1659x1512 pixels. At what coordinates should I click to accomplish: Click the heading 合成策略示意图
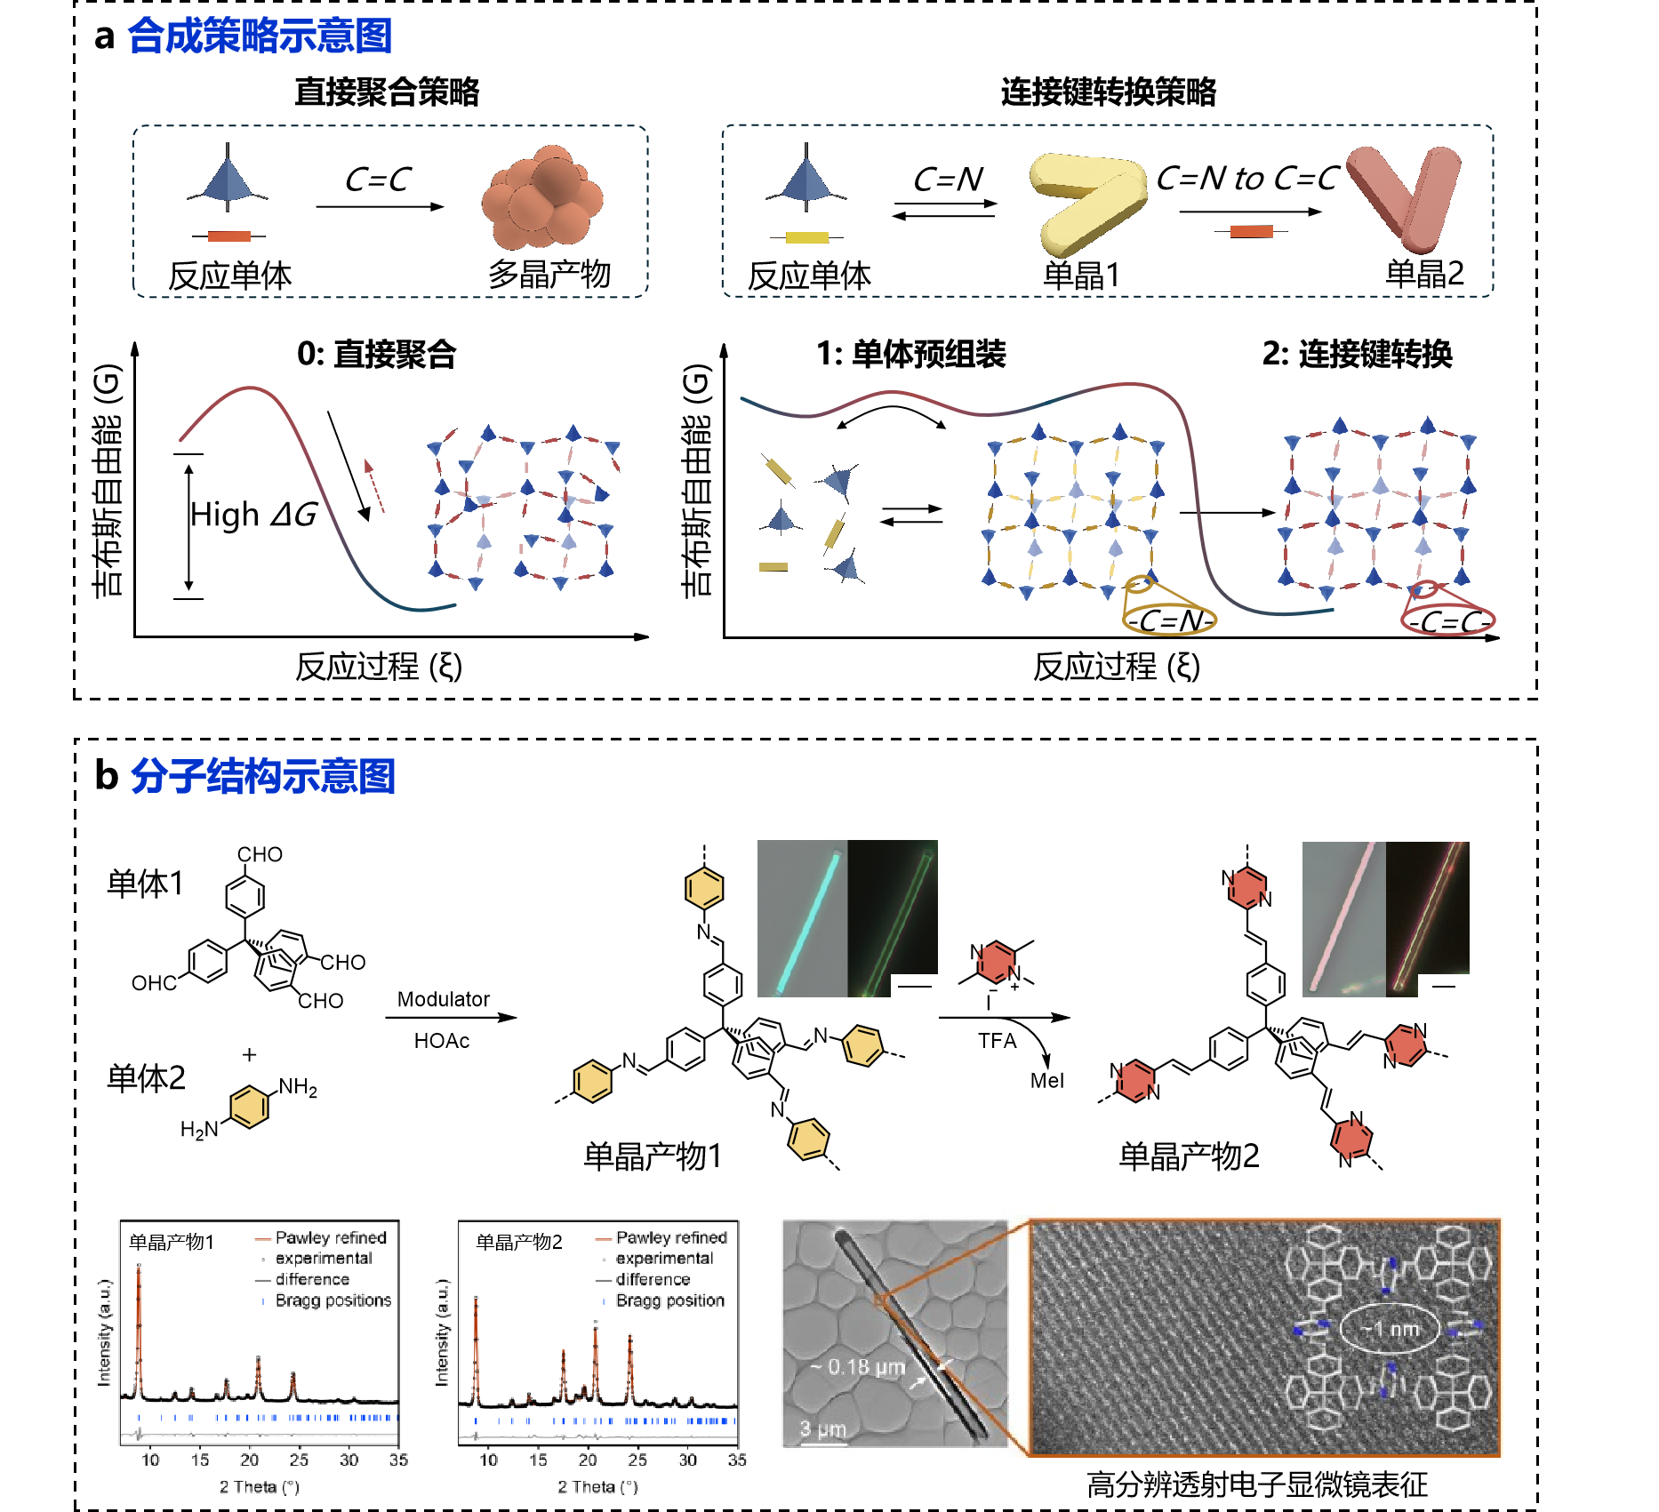point(260,36)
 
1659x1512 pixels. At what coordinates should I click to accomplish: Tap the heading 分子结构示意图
point(263,776)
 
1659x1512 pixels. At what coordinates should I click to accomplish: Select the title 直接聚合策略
point(387,92)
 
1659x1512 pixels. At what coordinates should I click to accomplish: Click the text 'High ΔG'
point(253,515)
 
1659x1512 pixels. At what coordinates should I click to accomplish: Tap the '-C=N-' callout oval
point(1170,620)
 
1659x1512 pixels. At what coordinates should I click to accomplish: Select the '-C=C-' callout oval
point(1448,621)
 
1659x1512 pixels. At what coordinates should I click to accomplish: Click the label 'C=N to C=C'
point(1247,179)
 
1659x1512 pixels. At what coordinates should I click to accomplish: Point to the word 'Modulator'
point(443,999)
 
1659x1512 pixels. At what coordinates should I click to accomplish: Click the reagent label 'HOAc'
point(442,1041)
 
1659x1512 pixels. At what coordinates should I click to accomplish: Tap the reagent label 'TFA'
point(997,1041)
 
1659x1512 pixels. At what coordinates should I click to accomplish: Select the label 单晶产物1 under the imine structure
point(653,1156)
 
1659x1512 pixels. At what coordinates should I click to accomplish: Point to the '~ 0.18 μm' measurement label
point(858,1367)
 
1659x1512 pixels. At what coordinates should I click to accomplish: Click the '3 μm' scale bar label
point(822,1429)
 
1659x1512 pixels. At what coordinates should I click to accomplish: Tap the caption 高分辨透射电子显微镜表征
point(1257,1484)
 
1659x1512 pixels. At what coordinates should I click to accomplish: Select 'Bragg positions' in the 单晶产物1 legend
point(333,1300)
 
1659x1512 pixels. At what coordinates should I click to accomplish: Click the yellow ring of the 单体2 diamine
point(250,1108)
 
